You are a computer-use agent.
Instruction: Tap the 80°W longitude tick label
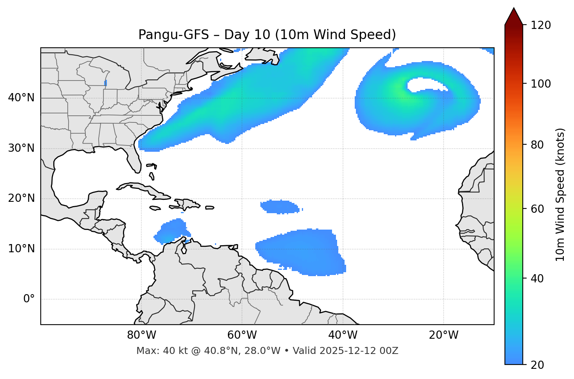pos(141,335)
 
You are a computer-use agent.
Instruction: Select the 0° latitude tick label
pos(29,299)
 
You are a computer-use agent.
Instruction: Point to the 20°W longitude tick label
pos(444,335)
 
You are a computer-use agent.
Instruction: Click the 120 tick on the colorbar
pos(542,25)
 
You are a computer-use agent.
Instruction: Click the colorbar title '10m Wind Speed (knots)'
pos(560,195)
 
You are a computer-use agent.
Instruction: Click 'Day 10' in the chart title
pos(247,35)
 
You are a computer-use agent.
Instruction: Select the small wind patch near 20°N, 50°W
pos(280,207)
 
